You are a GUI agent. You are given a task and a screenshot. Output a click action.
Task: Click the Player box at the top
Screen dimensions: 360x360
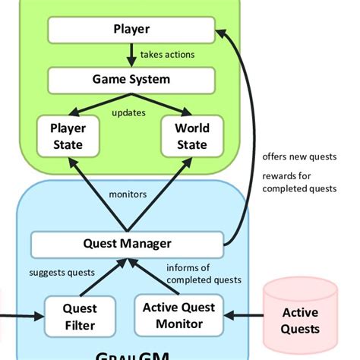point(131,30)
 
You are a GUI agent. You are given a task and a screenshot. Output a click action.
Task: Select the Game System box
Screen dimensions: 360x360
point(131,78)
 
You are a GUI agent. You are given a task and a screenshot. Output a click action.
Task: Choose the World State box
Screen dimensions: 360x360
point(192,137)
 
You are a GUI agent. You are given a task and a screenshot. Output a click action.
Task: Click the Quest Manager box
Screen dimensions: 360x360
point(126,244)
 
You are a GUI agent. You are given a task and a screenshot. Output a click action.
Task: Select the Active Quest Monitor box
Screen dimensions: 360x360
point(178,315)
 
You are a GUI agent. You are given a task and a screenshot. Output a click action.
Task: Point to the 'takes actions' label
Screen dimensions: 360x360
point(167,55)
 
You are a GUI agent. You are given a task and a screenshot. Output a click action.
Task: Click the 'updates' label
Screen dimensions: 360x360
point(129,112)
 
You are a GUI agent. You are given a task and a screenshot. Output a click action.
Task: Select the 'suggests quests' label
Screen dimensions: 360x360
point(62,272)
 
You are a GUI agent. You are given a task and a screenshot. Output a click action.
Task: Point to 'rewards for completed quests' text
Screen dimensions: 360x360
point(299,182)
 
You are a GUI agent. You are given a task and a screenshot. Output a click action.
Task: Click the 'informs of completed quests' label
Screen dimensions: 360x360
point(203,273)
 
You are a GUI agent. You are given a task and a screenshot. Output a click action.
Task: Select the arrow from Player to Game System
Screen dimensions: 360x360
point(131,54)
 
